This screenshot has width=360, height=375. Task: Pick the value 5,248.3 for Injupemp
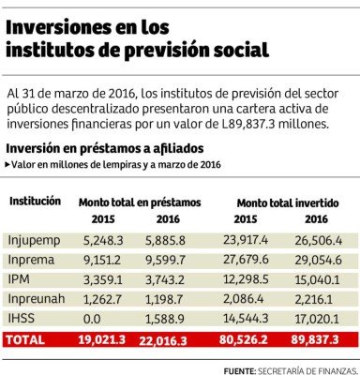click(x=101, y=241)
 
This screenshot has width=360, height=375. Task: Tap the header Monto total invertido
click(x=288, y=202)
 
